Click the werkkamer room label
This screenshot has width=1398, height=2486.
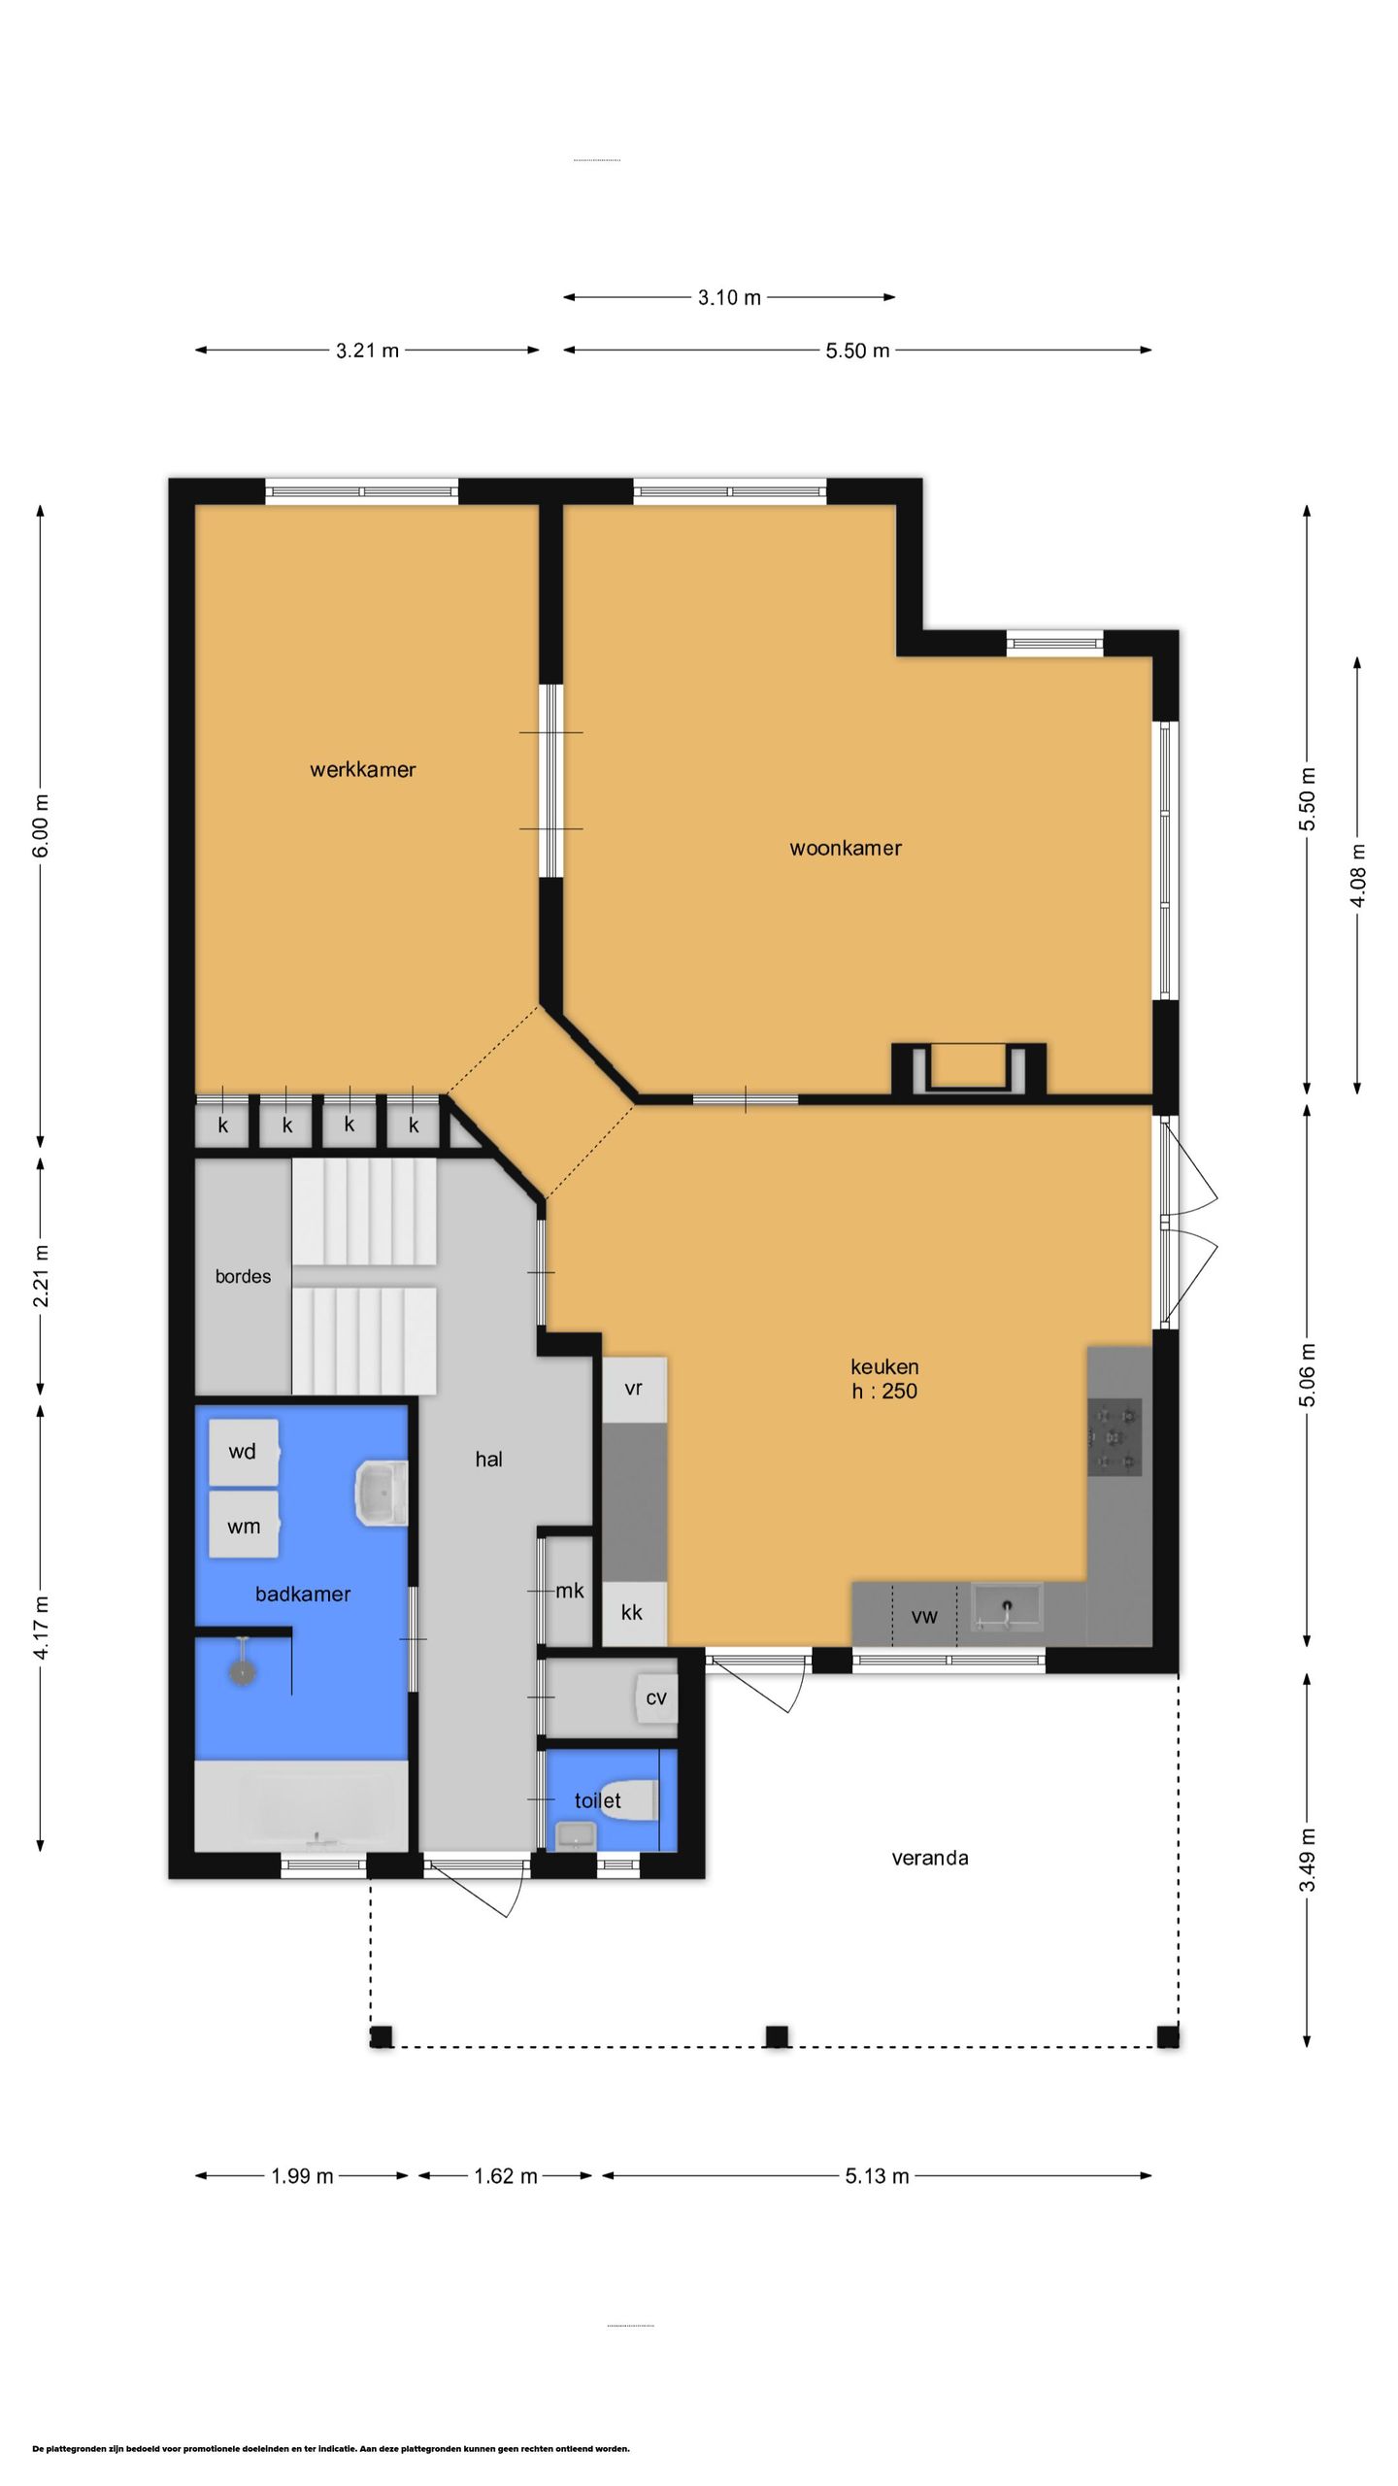(363, 770)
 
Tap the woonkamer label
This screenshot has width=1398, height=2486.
(846, 848)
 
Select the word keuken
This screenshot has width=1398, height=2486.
(884, 1366)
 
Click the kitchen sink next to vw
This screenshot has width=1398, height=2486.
(1007, 1607)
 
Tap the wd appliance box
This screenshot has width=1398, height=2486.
(244, 1452)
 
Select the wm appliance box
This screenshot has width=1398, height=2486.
(244, 1526)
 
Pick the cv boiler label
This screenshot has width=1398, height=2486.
(656, 1697)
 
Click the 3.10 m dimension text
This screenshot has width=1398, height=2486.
(729, 298)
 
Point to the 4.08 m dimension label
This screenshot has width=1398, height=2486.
(1357, 875)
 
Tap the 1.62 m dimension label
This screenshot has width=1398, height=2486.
(506, 2176)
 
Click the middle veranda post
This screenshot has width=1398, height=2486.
(777, 2036)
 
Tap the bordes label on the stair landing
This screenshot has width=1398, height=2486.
(243, 1276)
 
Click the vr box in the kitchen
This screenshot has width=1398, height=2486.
(634, 1389)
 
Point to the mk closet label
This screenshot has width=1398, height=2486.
(570, 1591)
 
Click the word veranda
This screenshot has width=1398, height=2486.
(930, 1858)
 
